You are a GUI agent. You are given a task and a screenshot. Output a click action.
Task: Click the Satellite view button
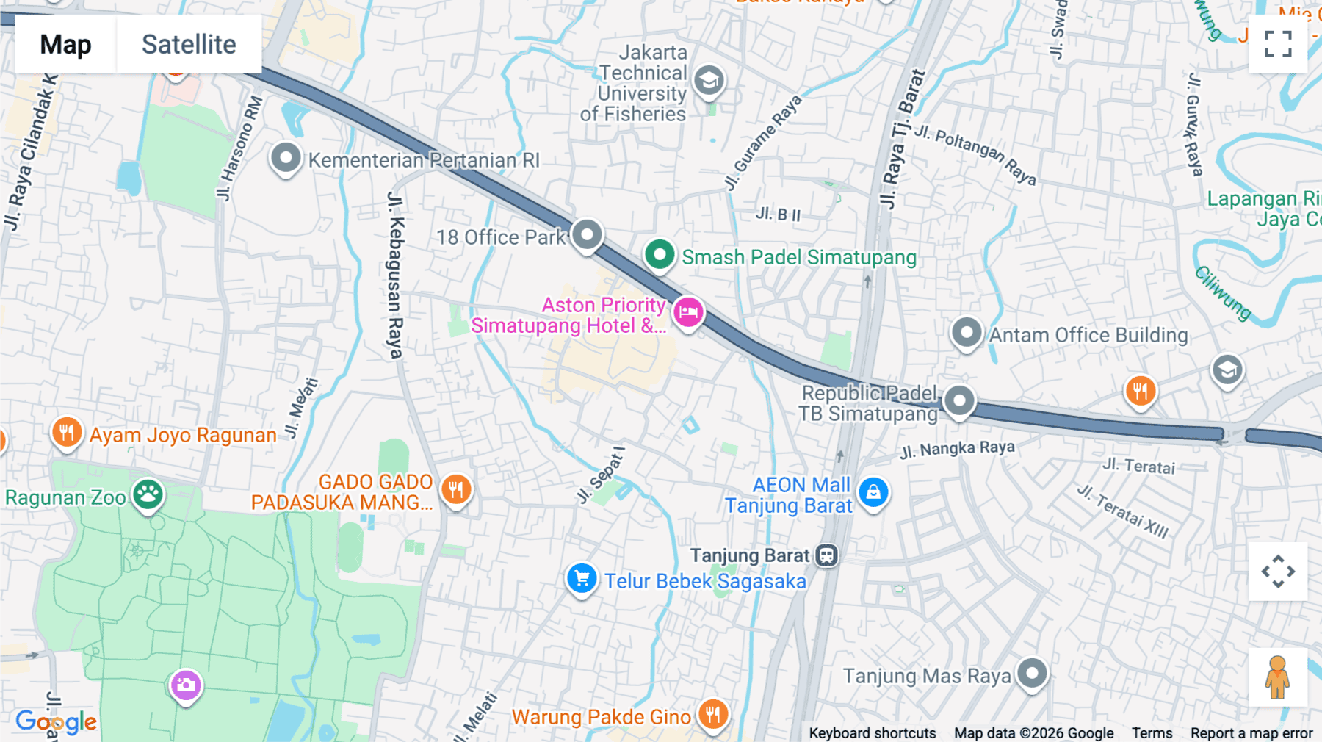click(x=189, y=45)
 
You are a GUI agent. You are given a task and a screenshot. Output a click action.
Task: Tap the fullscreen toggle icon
click(x=1278, y=44)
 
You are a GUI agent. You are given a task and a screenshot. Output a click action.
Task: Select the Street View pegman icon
click(x=1277, y=677)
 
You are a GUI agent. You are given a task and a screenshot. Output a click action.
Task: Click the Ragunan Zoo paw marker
click(x=148, y=494)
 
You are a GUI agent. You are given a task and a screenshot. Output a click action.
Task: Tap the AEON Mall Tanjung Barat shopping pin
click(x=873, y=491)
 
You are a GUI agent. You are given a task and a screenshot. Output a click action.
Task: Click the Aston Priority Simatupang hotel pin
click(x=688, y=312)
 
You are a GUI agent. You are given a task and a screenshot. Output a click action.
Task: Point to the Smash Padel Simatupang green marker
click(x=660, y=255)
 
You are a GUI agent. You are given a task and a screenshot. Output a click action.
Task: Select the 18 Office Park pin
click(x=587, y=235)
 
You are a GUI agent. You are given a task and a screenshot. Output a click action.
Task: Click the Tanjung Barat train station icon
click(x=827, y=555)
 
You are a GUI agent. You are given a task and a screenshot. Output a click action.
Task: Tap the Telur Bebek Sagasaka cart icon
click(x=582, y=579)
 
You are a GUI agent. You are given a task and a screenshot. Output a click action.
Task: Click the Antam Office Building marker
click(x=967, y=333)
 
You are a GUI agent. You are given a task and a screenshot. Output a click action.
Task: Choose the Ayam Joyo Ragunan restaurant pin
click(x=66, y=432)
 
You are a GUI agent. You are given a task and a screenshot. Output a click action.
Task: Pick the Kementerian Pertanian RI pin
click(x=286, y=157)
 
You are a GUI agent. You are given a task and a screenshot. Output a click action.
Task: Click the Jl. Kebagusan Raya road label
click(x=396, y=275)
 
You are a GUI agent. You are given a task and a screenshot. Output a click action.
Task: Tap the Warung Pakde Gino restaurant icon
click(x=712, y=713)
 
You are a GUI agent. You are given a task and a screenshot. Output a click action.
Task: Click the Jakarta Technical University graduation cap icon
click(x=709, y=80)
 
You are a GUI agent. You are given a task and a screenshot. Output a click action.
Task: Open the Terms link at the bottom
click(x=1152, y=732)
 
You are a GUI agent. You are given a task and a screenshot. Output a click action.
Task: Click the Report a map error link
click(x=1251, y=732)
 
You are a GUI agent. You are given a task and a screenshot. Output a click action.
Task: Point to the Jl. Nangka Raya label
click(x=957, y=449)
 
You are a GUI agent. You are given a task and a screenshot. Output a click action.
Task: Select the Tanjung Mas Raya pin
click(x=1032, y=673)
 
